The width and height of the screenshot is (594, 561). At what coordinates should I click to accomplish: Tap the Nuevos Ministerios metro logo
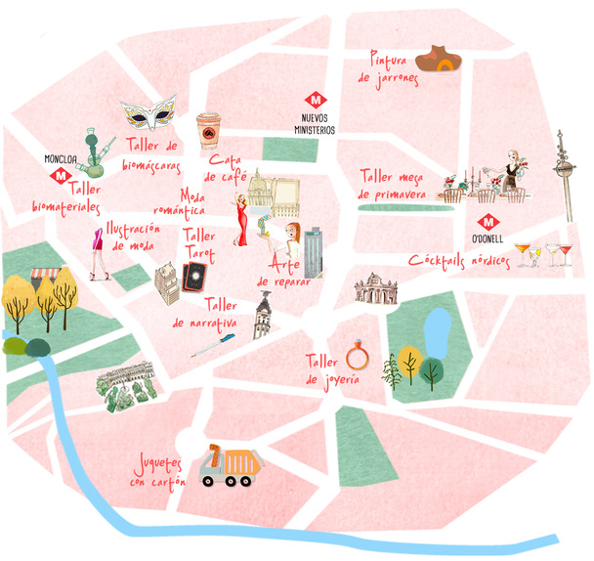(x=316, y=100)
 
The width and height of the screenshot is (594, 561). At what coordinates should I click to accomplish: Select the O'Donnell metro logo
(x=487, y=222)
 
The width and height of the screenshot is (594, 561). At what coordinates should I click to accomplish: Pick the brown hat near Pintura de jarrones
(x=440, y=60)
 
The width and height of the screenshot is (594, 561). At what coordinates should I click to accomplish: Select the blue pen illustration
(x=213, y=345)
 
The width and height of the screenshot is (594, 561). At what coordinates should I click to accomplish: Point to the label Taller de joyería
(x=324, y=369)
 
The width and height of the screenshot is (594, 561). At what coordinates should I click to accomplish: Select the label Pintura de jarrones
(x=388, y=65)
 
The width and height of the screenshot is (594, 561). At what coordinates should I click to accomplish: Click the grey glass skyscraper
(x=313, y=252)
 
